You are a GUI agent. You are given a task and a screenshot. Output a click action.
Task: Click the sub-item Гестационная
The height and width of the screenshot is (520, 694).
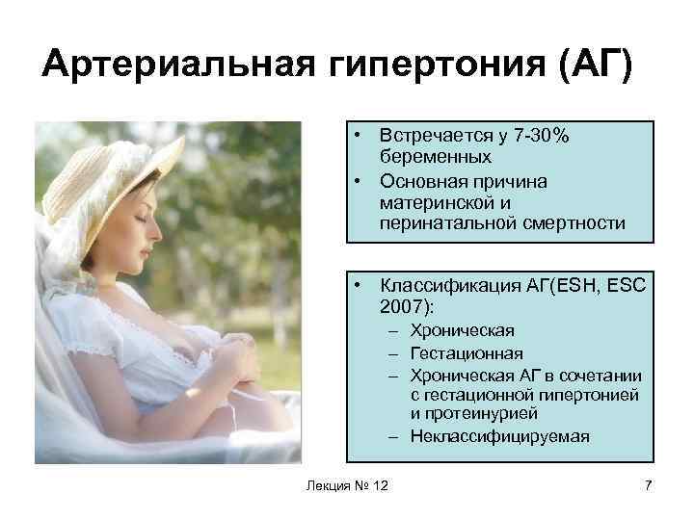(467, 352)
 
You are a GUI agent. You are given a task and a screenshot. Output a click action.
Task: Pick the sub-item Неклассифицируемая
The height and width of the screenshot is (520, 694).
(499, 436)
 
